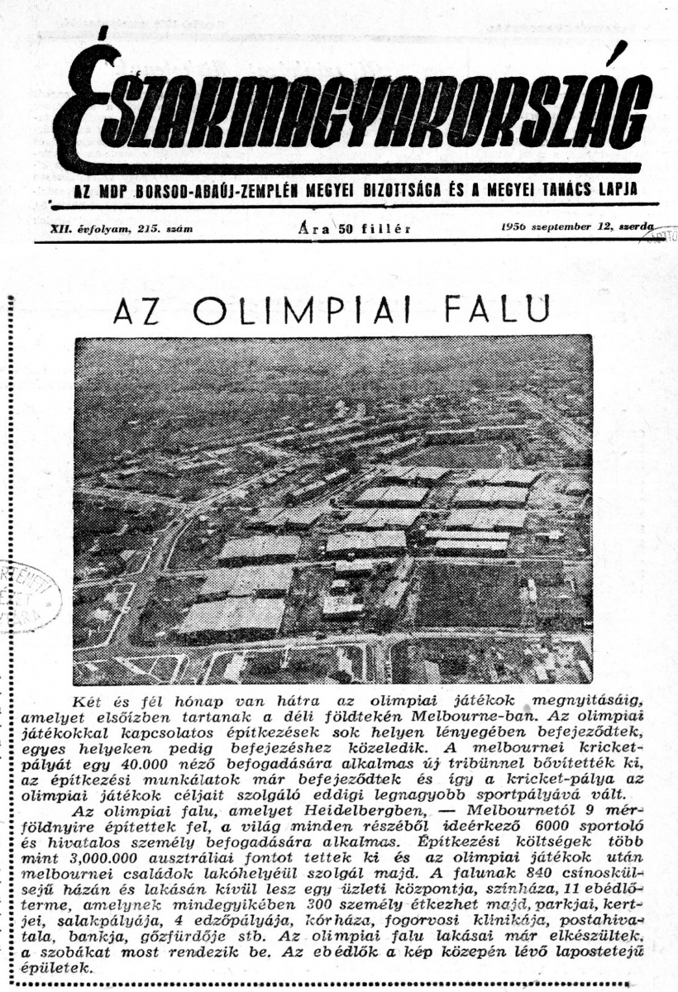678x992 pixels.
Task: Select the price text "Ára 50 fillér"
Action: pyautogui.click(x=351, y=229)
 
